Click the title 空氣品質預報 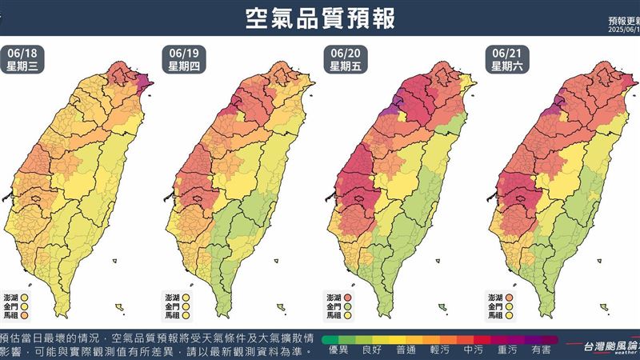point(320,18)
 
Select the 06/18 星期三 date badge point(22,60)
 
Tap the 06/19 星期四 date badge point(183,60)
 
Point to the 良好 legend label point(371,350)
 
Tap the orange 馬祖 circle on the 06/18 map point(27,316)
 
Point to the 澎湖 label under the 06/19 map point(174,296)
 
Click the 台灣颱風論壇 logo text point(608,346)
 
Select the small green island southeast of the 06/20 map point(442,306)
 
